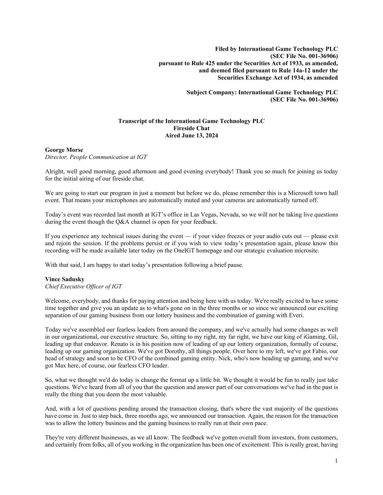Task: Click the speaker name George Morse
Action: coord(64,150)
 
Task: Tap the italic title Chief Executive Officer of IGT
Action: coord(83,286)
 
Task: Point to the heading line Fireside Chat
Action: coord(191,128)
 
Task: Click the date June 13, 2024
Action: coord(201,136)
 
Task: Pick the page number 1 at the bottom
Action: coord(336,461)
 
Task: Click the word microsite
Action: coord(307,251)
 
